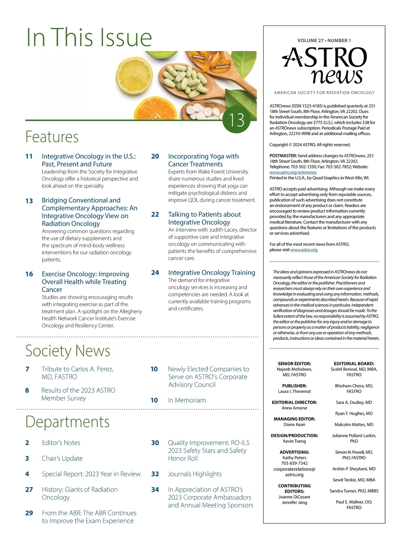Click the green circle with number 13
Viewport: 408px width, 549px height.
pos(236,119)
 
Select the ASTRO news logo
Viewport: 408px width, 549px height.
pos(324,65)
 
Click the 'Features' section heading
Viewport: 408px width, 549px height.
pos(52,137)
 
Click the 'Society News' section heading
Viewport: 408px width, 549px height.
pos(68,351)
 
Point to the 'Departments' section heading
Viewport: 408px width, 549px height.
pos(68,422)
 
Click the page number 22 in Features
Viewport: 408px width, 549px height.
pos(155,214)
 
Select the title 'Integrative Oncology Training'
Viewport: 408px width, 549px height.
pos(211,273)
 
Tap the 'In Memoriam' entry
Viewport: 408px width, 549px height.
pos(187,400)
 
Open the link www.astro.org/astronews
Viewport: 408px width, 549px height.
pos(293,173)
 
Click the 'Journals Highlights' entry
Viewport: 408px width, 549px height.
pos(194,474)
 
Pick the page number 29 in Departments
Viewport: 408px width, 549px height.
pos(29,513)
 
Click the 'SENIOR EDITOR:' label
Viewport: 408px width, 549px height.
pos(294,364)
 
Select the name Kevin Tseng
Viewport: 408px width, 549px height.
pos(294,441)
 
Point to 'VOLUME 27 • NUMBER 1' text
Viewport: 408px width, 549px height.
pos(324,41)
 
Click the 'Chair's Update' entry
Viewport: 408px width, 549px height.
pos(62,458)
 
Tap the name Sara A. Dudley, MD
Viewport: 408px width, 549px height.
pos(354,402)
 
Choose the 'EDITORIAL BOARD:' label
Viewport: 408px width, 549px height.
pos(354,364)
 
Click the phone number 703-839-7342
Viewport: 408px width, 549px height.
pos(294,463)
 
